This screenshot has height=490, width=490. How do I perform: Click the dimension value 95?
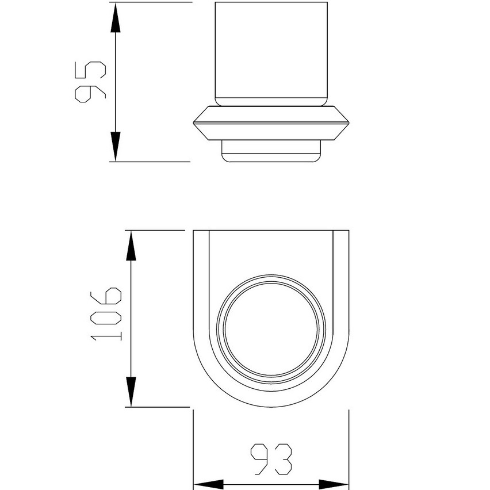coord(90,81)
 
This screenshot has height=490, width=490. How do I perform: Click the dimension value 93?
coord(271,458)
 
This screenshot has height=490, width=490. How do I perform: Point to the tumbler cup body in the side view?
coord(271,55)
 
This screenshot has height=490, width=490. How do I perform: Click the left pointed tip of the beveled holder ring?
coord(194,122)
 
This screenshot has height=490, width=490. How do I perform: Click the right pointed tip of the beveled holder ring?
coord(349,122)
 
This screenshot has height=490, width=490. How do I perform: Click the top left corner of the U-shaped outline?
coord(193,231)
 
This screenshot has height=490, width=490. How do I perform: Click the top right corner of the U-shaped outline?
coord(349,231)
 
